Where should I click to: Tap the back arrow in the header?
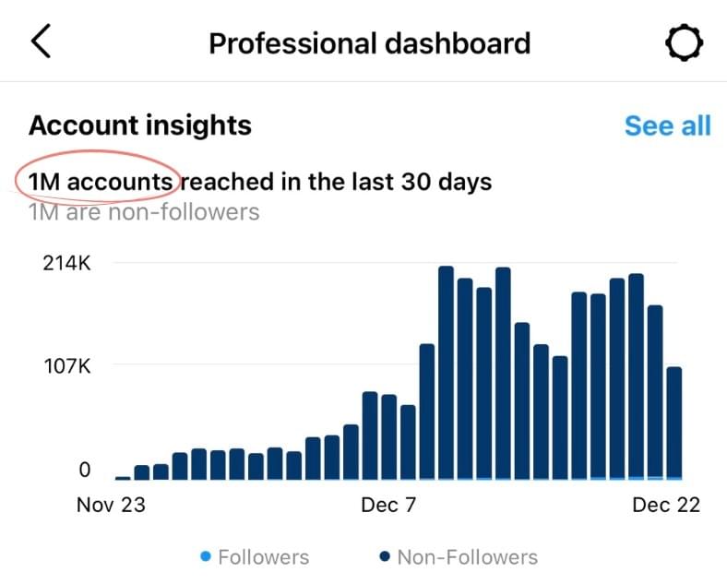(42, 42)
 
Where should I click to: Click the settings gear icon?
(685, 42)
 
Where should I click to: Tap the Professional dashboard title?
(369, 43)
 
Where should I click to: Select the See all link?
(667, 125)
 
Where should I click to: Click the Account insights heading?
(140, 125)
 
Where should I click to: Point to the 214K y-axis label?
(66, 263)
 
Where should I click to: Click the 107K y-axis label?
(66, 365)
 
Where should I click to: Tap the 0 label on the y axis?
(84, 470)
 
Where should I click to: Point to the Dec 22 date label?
(664, 505)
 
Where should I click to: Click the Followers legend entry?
(263, 557)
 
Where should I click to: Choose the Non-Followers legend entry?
(467, 557)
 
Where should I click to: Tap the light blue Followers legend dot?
(206, 556)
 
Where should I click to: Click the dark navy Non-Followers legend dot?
(385, 556)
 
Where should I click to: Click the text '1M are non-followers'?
(144, 212)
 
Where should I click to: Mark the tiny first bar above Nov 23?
(123, 477)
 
